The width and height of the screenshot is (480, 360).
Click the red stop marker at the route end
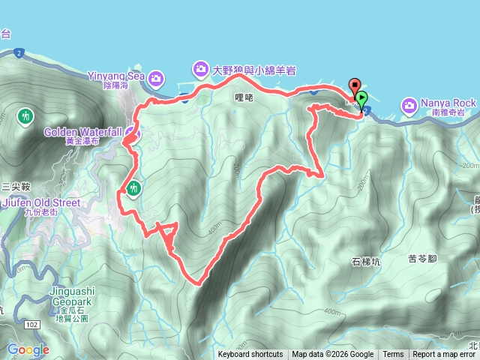[x=354, y=85]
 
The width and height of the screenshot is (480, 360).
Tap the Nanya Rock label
[x=449, y=103]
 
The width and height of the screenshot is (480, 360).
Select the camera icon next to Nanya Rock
[x=409, y=103]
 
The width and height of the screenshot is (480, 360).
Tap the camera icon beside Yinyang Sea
[x=157, y=77]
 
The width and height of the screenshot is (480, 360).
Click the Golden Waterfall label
[x=82, y=132]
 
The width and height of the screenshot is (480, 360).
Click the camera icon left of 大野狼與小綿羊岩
[x=200, y=70]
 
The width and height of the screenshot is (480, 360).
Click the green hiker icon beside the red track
[x=134, y=187]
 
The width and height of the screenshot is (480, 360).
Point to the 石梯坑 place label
[x=366, y=262]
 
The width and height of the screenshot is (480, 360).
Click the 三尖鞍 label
[x=15, y=185]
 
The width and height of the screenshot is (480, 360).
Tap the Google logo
[x=28, y=349]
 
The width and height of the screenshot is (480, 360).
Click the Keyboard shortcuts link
[x=250, y=355]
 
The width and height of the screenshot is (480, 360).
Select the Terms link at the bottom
[x=393, y=355]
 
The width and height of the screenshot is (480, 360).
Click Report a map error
[x=445, y=355]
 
